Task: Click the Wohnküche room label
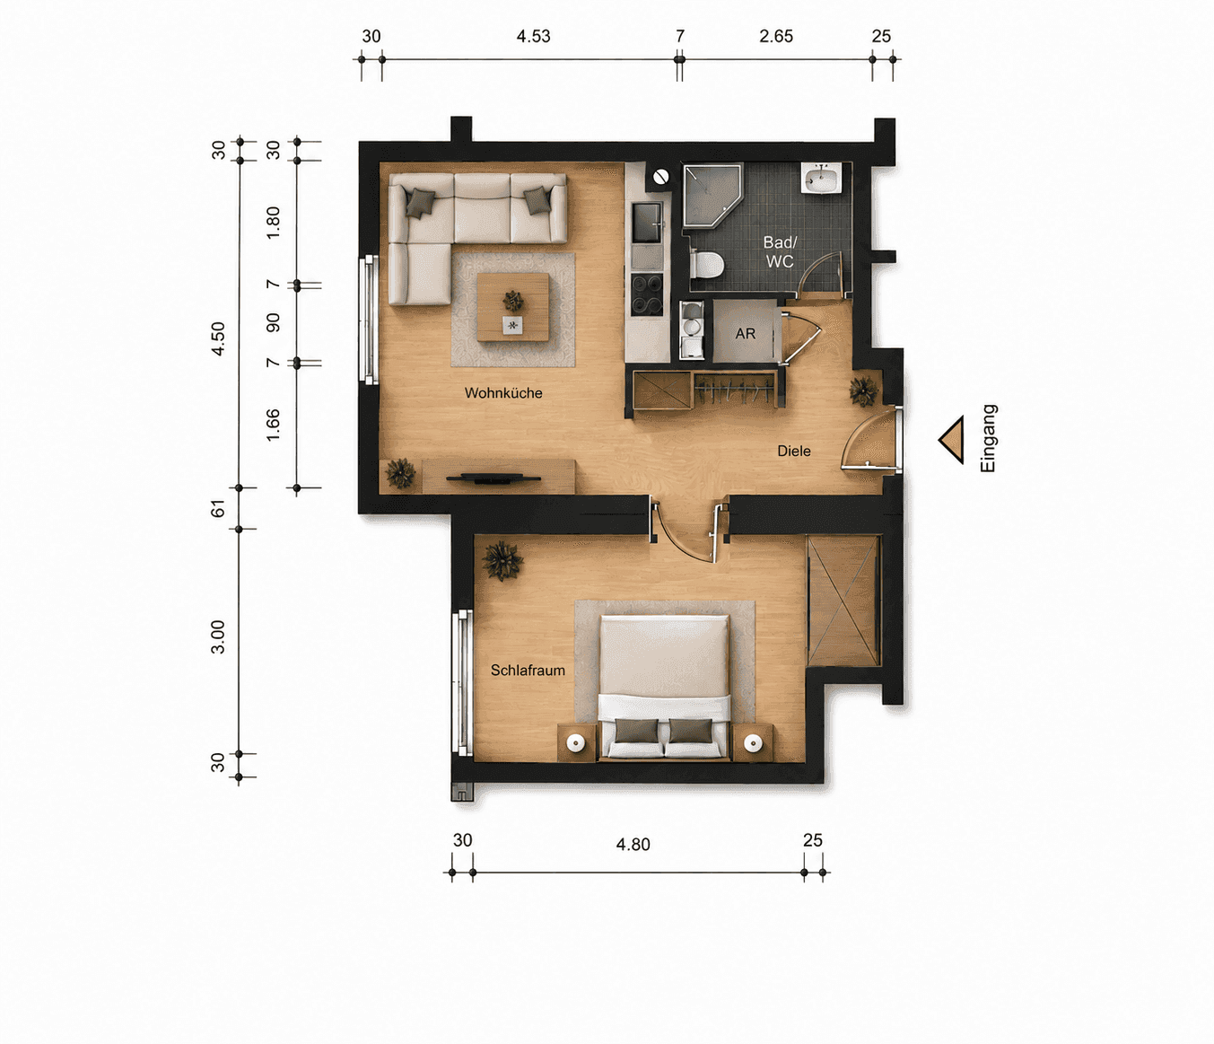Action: click(x=503, y=393)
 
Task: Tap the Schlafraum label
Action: click(x=528, y=671)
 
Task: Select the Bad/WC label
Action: click(x=780, y=251)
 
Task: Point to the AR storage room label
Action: click(x=746, y=334)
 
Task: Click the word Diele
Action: click(x=794, y=452)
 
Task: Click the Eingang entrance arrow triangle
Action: click(x=951, y=440)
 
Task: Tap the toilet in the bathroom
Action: click(x=707, y=265)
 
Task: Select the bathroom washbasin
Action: click(x=822, y=178)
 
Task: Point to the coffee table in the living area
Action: click(x=512, y=307)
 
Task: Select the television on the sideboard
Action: click(x=493, y=478)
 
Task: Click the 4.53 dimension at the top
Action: click(x=533, y=37)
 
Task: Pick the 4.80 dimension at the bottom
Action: click(x=633, y=845)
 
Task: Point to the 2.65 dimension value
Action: click(x=776, y=37)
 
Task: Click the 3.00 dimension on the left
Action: click(x=218, y=636)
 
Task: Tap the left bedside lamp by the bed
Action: click(x=576, y=744)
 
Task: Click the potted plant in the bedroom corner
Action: click(x=502, y=560)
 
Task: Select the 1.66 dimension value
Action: click(x=273, y=425)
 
